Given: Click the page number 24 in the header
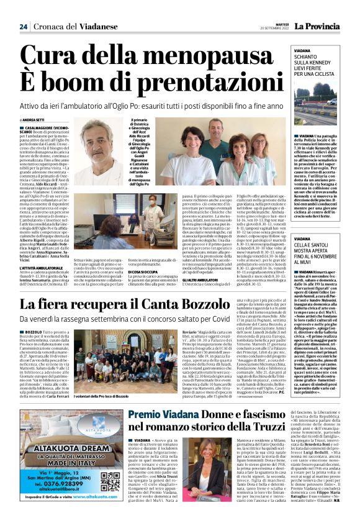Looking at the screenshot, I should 23,25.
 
